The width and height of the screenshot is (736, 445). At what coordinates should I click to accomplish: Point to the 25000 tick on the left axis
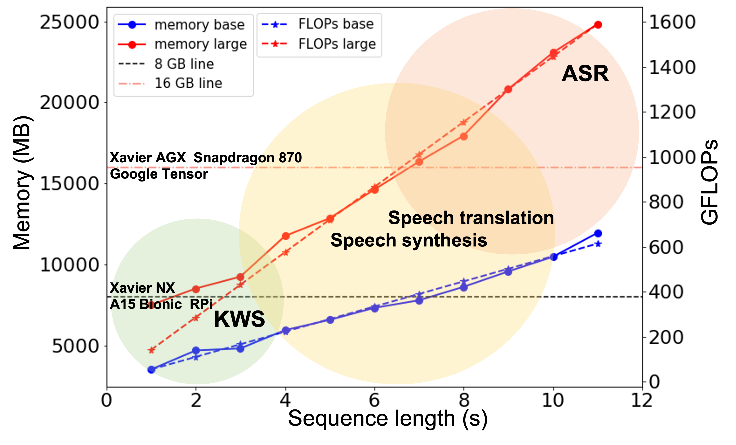point(69,22)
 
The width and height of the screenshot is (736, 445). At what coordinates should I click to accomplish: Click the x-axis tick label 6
point(374,400)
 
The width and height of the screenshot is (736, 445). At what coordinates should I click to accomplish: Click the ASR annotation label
point(585,74)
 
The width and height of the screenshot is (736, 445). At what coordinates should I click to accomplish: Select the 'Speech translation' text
point(471,218)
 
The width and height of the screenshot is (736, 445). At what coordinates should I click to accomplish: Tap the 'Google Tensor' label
point(159,174)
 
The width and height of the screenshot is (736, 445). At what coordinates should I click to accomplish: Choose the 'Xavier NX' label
point(143,288)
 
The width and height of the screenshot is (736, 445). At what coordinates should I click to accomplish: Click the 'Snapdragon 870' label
point(248,157)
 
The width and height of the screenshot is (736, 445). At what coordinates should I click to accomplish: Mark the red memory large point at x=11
point(598,25)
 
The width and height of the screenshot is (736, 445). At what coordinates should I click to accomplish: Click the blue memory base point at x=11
point(598,233)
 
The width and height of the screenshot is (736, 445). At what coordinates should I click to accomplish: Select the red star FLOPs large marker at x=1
point(151,350)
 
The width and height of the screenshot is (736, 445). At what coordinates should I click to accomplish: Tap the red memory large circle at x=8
point(464,137)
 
